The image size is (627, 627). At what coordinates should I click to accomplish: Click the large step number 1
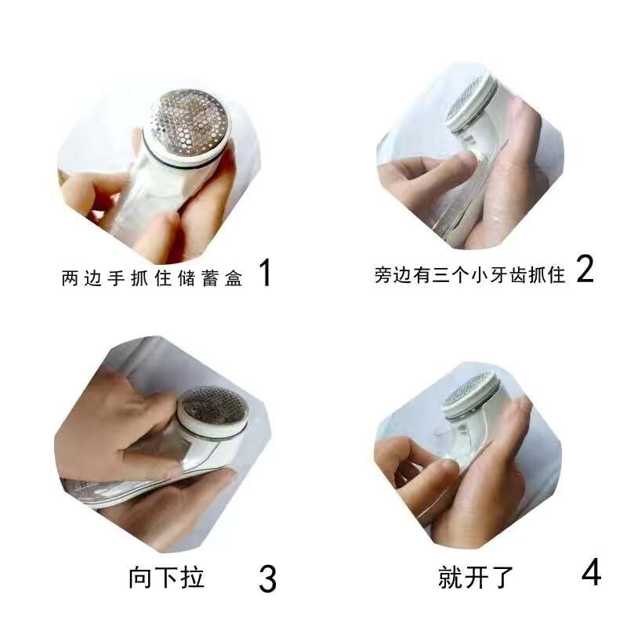click(x=265, y=272)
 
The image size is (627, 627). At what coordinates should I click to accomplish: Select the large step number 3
click(x=267, y=578)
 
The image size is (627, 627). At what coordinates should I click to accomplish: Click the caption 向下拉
click(x=166, y=578)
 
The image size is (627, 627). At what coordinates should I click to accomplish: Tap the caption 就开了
click(x=476, y=577)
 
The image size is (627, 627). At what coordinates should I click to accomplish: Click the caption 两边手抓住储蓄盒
click(x=152, y=278)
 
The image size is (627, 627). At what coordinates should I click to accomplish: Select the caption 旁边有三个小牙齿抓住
click(x=469, y=275)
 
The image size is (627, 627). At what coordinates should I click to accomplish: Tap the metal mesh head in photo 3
click(x=213, y=409)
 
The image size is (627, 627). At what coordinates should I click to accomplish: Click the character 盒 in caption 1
click(x=234, y=278)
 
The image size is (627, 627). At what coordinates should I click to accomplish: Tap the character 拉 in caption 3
click(x=192, y=578)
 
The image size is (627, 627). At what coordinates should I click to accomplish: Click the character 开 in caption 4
click(x=476, y=577)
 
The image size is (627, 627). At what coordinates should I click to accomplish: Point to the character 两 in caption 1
click(x=71, y=278)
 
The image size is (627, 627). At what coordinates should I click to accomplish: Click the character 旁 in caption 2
click(x=383, y=275)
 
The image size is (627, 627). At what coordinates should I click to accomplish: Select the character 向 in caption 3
click(x=140, y=578)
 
